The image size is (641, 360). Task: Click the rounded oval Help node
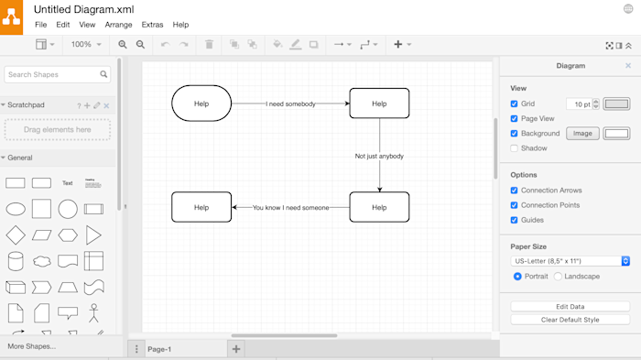(201, 104)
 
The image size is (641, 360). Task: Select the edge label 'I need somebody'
(290, 104)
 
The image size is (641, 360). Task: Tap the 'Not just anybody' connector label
(379, 156)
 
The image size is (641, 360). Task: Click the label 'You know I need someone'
(290, 208)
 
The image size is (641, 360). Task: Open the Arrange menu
(118, 25)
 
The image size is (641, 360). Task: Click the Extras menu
(153, 25)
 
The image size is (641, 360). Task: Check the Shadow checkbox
(515, 148)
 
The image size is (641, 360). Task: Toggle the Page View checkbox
(515, 119)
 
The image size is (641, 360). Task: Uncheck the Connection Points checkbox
(515, 205)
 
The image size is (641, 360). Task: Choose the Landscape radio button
(558, 277)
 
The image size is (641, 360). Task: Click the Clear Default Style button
(570, 320)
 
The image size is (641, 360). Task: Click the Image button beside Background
(582, 134)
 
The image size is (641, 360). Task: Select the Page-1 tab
(159, 349)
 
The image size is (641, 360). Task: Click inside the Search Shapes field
(53, 74)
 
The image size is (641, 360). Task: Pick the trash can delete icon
(209, 44)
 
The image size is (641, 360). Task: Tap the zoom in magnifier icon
(122, 44)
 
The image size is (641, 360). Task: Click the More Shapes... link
(31, 346)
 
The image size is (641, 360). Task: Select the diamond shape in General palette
(16, 235)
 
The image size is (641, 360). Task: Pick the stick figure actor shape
(93, 313)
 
